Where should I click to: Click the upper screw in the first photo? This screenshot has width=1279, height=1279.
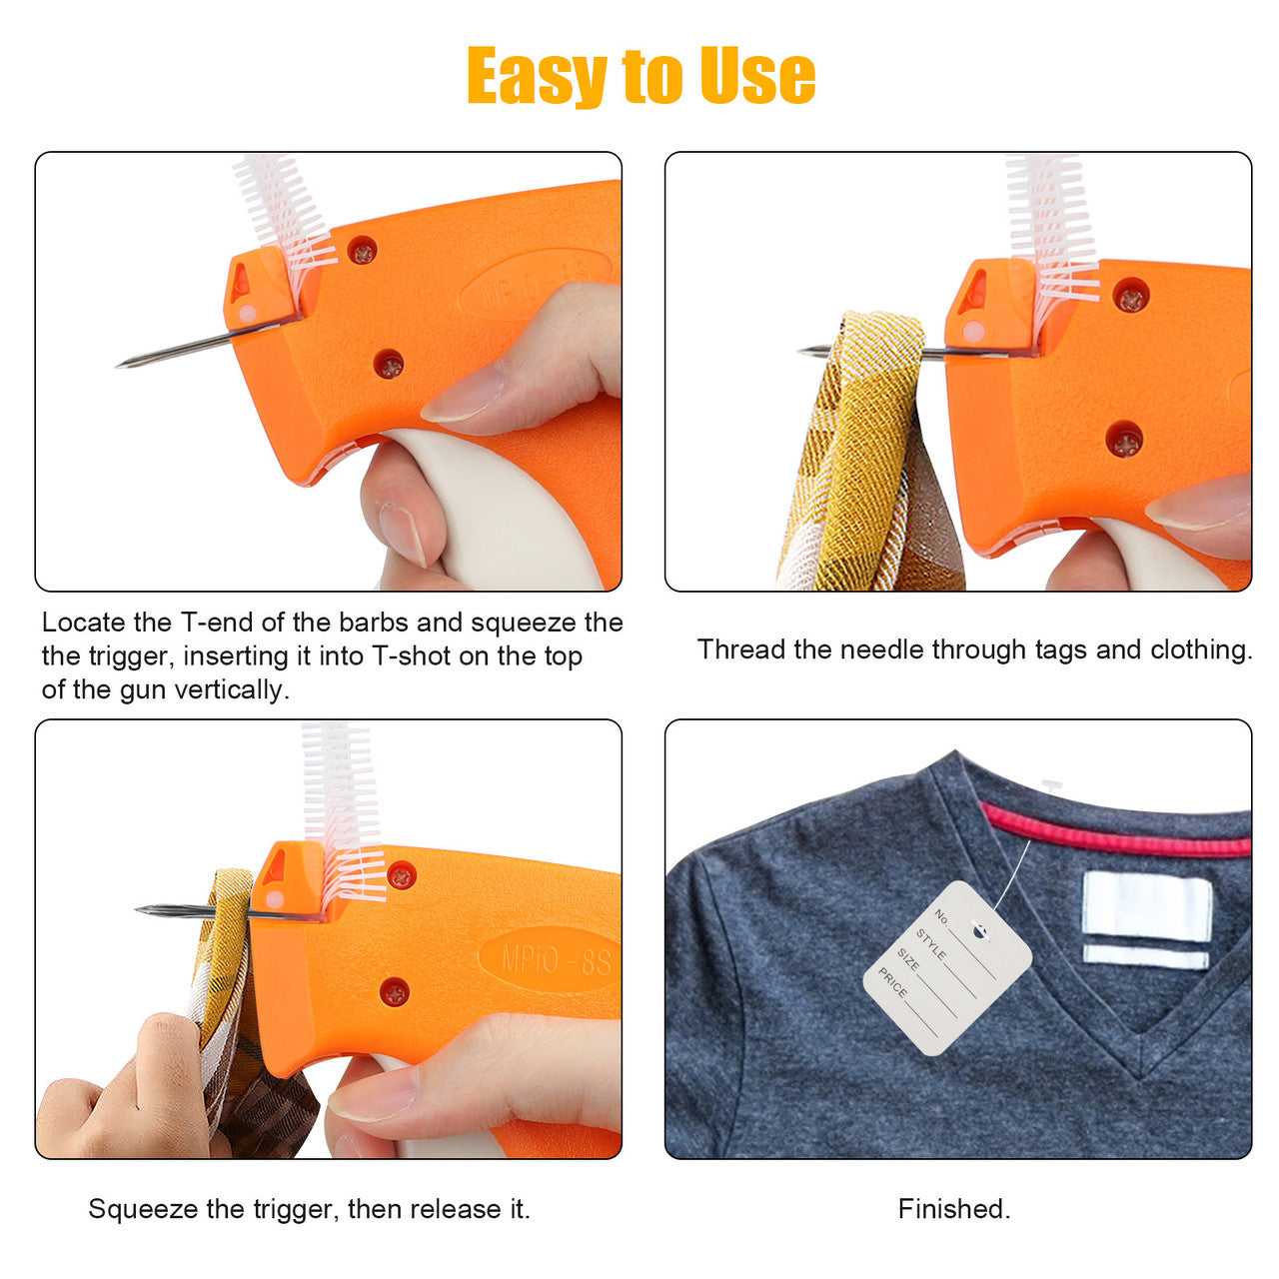(x=363, y=251)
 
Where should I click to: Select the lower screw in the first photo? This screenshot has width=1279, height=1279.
(x=389, y=365)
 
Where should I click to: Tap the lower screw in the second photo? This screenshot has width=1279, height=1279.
(x=1126, y=440)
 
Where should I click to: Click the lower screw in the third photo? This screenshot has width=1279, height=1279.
(x=395, y=992)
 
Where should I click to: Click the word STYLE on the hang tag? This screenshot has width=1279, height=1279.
(x=930, y=944)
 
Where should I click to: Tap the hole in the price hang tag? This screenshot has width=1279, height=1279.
(x=980, y=931)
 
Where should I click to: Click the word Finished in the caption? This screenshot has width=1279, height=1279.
(x=954, y=1209)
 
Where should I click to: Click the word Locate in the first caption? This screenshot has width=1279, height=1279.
(x=84, y=623)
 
